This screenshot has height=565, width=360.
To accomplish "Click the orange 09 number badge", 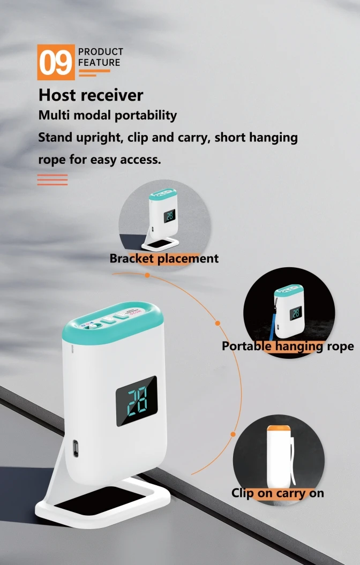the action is click(56, 62).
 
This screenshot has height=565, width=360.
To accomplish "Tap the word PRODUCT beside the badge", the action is click(101, 52).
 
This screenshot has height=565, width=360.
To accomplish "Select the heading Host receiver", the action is click(91, 95).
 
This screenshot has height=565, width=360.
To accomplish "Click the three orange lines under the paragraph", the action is click(52, 180).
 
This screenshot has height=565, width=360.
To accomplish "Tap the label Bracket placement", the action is click(164, 259).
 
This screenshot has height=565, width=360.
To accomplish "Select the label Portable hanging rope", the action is click(288, 346).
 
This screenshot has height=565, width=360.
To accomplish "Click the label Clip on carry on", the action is click(277, 493).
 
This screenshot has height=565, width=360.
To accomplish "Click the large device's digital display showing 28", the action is click(136, 401).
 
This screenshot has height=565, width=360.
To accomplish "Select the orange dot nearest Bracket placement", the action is click(147, 275).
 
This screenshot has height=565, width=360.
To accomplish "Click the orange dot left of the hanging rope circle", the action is click(217, 323).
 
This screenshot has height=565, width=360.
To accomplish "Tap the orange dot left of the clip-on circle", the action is click(233, 434).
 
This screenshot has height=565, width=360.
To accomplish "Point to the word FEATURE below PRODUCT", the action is click(99, 63).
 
